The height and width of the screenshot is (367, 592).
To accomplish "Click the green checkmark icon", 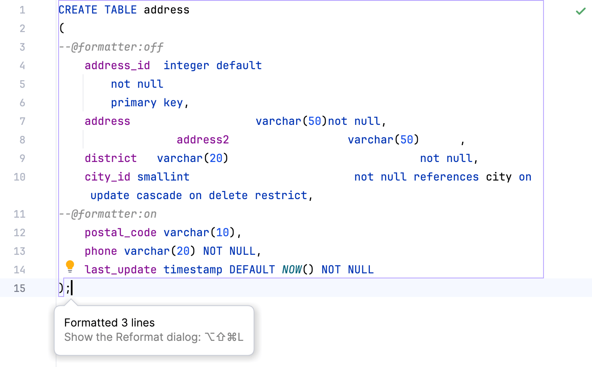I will (581, 11).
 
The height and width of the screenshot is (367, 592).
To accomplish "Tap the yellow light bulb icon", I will (70, 266).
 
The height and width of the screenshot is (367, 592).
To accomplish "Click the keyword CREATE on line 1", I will (78, 10).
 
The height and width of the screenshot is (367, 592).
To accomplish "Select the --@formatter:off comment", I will (111, 47).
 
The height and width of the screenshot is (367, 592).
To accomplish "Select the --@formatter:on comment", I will (108, 214).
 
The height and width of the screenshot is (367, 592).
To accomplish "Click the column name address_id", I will (117, 65).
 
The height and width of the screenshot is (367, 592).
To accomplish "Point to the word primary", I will (134, 103).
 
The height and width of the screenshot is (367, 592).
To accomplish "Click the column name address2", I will (203, 140).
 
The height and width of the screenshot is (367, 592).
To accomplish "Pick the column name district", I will (110, 158).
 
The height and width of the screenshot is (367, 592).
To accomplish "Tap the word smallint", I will (163, 177).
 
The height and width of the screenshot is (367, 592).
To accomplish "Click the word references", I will (446, 177).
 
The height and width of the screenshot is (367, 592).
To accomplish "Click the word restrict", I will (281, 195).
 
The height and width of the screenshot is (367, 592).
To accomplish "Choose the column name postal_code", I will (121, 232).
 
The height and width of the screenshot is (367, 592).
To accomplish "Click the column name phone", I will (101, 251).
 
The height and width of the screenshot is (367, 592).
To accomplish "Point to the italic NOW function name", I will (292, 270).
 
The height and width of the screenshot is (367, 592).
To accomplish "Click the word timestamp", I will (193, 270).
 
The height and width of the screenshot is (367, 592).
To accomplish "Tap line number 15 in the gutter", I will (19, 288).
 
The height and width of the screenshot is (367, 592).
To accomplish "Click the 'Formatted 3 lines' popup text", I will (110, 323).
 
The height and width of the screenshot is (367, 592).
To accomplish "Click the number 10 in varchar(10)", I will (223, 232).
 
